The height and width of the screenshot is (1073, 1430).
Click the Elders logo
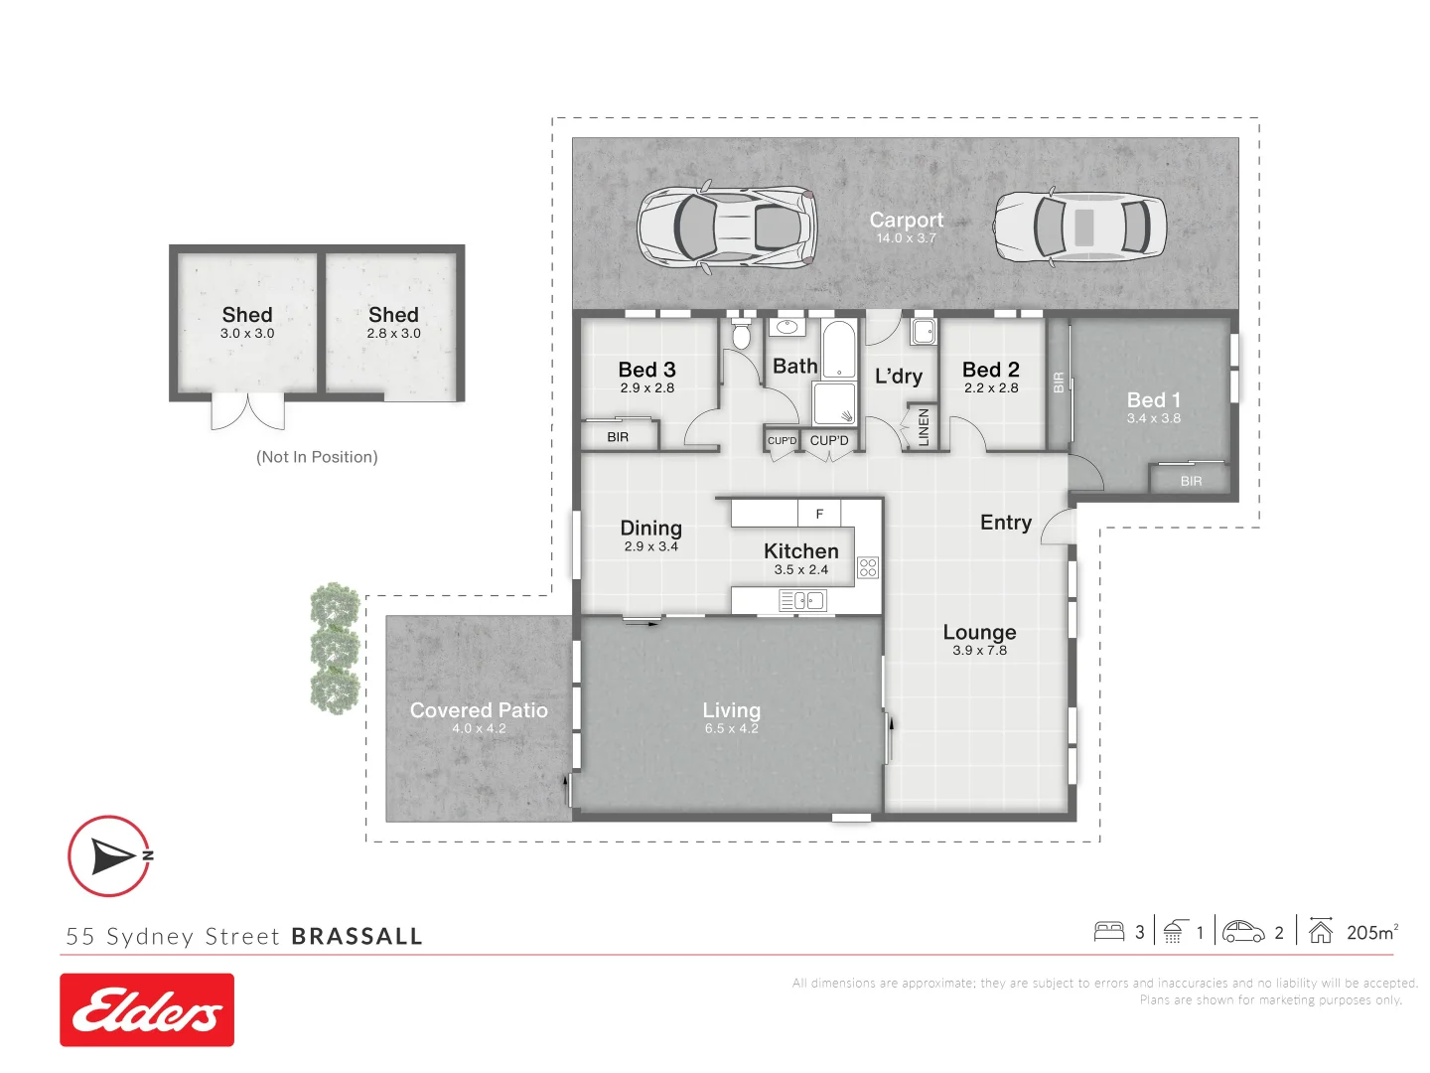click(147, 1009)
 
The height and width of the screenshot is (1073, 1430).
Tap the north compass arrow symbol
click(110, 855)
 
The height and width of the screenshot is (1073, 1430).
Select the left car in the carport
click(727, 227)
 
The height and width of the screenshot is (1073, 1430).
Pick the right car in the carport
click(1079, 227)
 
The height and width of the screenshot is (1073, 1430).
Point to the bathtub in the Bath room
click(839, 349)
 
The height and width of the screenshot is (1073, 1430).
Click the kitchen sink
click(803, 600)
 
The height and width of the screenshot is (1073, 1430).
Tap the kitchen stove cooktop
click(868, 567)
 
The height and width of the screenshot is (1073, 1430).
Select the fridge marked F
click(819, 514)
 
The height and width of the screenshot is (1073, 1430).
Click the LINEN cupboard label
click(924, 427)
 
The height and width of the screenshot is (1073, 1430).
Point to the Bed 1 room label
click(1153, 399)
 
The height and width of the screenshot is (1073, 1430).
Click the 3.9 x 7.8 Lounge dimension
click(979, 651)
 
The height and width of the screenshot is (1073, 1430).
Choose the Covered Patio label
click(479, 710)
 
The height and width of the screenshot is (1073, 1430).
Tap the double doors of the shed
click(247, 411)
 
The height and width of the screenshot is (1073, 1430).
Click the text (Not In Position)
click(317, 457)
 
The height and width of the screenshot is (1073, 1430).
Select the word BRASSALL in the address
click(357, 936)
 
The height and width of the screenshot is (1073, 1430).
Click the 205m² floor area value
click(1371, 932)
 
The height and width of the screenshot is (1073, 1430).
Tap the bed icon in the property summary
click(1108, 932)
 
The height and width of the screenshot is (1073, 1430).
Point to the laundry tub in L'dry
click(924, 332)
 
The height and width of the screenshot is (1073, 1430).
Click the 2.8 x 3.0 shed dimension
click(393, 334)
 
